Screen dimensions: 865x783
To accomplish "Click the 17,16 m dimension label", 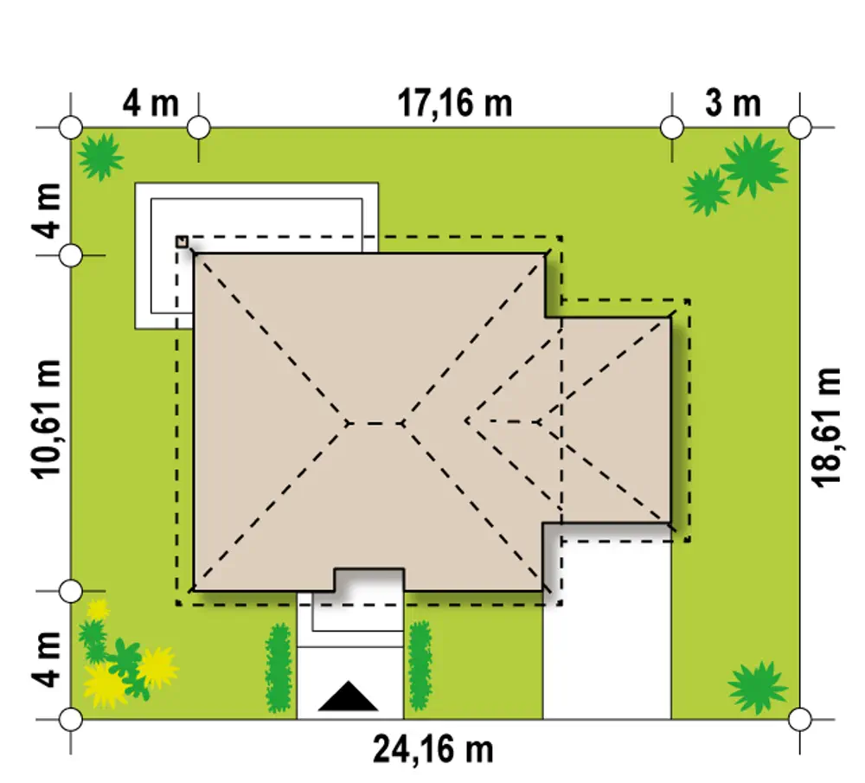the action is [455, 103].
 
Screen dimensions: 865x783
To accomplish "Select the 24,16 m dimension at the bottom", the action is [433, 749].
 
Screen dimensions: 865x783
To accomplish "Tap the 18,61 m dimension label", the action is [826, 427].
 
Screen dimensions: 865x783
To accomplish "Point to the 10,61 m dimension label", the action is [47, 419].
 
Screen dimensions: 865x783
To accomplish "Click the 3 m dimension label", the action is [733, 103].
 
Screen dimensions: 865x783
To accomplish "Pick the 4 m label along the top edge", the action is [150, 103].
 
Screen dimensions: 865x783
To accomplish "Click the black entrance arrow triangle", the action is [348, 696].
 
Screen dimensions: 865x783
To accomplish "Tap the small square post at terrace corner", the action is [182, 241].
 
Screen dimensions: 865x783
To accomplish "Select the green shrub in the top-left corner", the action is [100, 157].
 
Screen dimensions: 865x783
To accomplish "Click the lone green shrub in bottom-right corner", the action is [758, 688].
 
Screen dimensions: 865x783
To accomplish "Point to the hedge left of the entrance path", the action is [279, 668].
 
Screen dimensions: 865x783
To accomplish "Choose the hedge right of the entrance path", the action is [420, 665].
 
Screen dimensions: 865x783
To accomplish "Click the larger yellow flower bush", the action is [105, 685].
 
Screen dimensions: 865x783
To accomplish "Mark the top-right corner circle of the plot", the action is [800, 127].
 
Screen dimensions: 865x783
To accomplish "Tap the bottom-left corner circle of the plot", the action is [71, 720].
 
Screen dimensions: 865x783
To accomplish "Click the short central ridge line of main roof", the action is [375, 423].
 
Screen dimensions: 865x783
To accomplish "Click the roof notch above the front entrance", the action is [369, 580].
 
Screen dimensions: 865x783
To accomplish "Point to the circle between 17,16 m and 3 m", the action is [672, 127].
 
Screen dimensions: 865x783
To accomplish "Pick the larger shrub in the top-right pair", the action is [753, 165].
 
